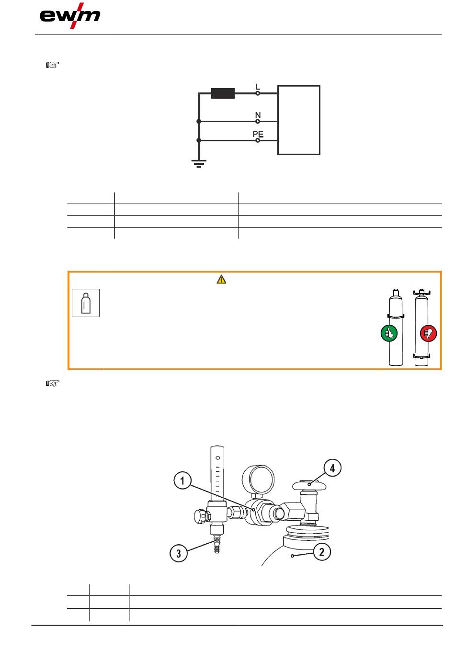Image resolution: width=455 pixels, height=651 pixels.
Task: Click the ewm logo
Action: click(x=70, y=16)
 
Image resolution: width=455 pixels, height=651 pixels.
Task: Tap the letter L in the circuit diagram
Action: click(x=257, y=87)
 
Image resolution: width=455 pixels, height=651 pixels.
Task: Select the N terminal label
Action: click(x=258, y=115)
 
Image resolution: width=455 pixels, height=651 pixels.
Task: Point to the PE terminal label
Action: click(x=258, y=134)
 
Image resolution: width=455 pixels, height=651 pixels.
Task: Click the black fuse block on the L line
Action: click(x=223, y=93)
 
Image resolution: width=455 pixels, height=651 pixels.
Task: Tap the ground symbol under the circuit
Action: click(x=199, y=164)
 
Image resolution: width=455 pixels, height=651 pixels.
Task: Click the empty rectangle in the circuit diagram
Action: click(x=299, y=120)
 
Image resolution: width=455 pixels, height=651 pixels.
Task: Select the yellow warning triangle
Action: click(x=221, y=279)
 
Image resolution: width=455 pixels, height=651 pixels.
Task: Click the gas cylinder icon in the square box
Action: click(x=86, y=303)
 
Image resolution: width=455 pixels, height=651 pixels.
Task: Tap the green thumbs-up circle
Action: click(x=389, y=333)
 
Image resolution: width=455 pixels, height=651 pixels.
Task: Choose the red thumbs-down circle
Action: click(x=428, y=333)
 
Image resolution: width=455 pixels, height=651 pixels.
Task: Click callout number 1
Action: click(x=182, y=480)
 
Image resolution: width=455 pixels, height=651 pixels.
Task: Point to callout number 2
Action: click(x=322, y=552)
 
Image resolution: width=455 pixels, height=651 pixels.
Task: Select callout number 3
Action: click(x=178, y=553)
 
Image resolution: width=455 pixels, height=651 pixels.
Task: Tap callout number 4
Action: click(x=332, y=468)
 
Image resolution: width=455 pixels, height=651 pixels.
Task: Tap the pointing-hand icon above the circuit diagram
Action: click(x=53, y=65)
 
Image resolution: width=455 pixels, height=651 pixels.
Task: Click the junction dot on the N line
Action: click(x=199, y=121)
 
